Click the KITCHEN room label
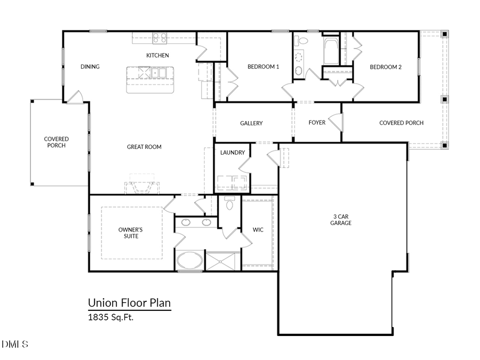click(157, 55)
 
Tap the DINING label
click(90, 67)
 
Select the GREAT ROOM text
click(144, 147)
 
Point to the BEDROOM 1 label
click(263, 67)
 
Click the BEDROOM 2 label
click(386, 67)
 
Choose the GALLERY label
click(251, 123)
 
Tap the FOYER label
click(317, 123)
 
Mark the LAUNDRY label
click(233, 153)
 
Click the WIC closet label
click(259, 230)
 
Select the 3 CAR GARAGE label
click(341, 220)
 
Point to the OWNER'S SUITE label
click(131, 233)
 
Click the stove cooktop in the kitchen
click(159, 38)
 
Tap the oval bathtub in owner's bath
click(189, 261)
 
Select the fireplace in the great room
click(142, 186)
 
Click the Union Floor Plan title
click(129, 303)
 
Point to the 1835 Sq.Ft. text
click(110, 317)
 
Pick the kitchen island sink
click(158, 73)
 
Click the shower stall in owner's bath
click(223, 261)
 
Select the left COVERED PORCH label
click(56, 142)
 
